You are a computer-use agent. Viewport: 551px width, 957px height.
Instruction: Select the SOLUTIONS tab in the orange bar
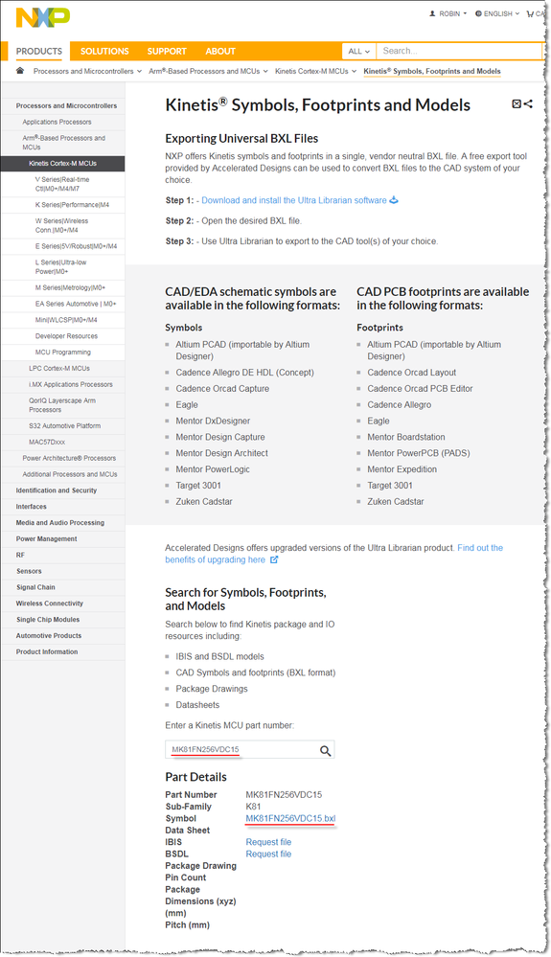point(104,51)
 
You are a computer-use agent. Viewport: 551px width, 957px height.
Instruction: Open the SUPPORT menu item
point(167,51)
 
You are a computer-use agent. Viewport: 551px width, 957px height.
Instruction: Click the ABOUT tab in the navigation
point(220,51)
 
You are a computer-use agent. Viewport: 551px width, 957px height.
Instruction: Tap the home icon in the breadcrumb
point(21,71)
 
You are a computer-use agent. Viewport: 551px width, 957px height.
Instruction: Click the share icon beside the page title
point(528,103)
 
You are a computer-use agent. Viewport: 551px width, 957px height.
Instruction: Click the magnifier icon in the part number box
point(326,751)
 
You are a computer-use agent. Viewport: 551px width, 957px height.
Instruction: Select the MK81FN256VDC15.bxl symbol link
point(290,819)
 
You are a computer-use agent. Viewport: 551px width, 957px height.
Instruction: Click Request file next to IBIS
point(268,842)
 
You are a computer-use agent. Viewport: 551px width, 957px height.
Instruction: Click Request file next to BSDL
point(268,854)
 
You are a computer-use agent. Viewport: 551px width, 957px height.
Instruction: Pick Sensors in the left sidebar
point(29,571)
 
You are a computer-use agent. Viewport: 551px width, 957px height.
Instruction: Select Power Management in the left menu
point(46,538)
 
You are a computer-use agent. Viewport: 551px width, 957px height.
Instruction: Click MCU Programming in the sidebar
point(63,353)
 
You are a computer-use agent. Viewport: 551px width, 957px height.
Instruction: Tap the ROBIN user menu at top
point(449,14)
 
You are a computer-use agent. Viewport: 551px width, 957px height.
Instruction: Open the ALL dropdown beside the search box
point(358,51)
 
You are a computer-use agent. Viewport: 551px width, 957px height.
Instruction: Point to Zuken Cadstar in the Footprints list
point(396,502)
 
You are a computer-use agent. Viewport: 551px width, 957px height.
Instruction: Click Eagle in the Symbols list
point(187,405)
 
